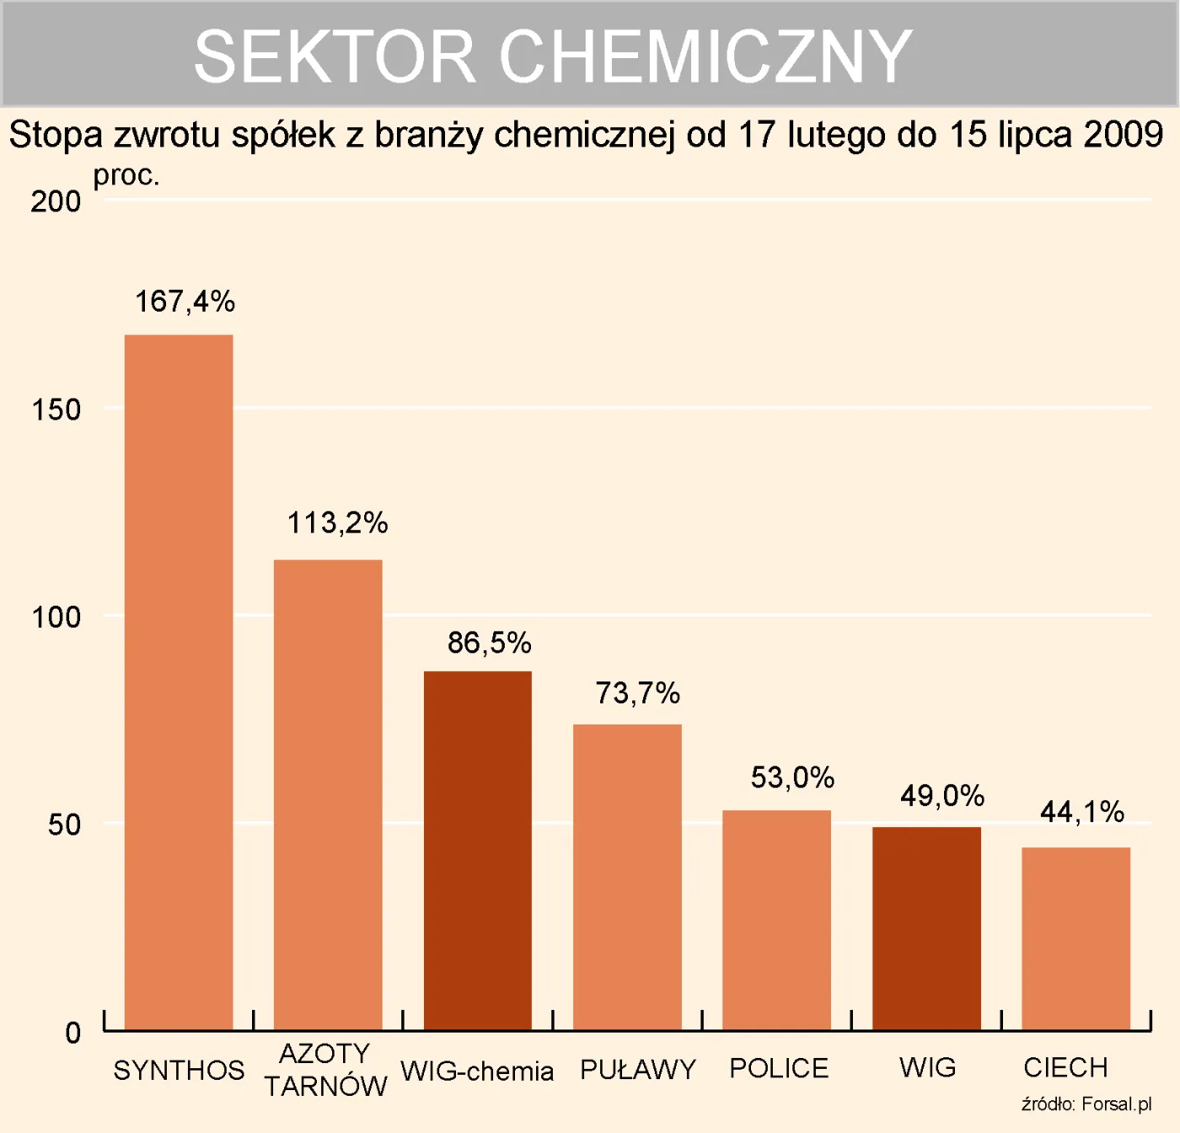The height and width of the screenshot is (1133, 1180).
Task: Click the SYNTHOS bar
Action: click(179, 682)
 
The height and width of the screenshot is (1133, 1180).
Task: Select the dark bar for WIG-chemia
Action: click(477, 851)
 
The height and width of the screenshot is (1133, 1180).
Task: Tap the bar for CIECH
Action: click(1075, 938)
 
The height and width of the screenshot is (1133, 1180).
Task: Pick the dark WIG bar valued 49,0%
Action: click(926, 928)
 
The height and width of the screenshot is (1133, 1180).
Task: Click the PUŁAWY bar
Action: click(627, 876)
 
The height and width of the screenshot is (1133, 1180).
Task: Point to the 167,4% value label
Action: click(185, 302)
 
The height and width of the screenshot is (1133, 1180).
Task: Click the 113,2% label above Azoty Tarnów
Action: click(337, 523)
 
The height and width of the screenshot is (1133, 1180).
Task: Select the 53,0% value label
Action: click(792, 778)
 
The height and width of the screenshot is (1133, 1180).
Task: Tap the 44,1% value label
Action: click(1081, 812)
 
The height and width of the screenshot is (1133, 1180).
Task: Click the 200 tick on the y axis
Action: click(56, 202)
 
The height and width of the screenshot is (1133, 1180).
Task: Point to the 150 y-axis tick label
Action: click(56, 410)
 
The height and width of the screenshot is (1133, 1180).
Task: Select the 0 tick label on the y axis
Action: click(73, 1033)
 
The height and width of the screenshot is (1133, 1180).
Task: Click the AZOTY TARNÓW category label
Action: click(325, 1070)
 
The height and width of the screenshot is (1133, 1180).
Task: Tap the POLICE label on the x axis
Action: click(778, 1068)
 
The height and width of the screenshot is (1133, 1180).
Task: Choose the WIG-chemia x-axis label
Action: click(477, 1072)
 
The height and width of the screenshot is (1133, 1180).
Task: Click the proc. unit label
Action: click(126, 175)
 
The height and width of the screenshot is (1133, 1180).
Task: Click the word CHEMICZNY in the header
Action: click(705, 56)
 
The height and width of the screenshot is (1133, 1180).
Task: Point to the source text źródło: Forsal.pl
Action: click(1086, 1104)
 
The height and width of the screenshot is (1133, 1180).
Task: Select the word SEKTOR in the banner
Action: click(335, 56)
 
